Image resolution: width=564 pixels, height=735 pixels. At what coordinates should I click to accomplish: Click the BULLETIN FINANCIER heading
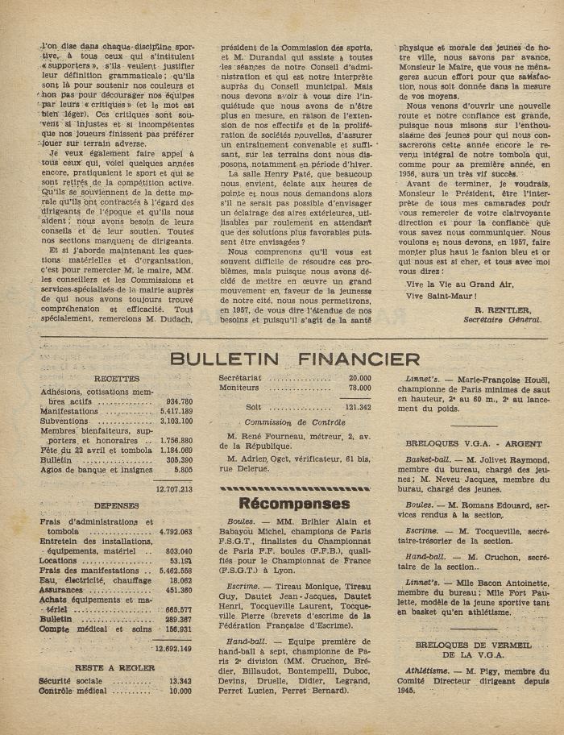click(295, 359)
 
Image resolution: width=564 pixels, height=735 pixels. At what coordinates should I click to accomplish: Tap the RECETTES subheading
click(116, 379)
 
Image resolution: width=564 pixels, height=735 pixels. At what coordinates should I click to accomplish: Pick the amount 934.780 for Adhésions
click(178, 401)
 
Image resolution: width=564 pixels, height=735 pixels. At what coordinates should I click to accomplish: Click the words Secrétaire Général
click(502, 319)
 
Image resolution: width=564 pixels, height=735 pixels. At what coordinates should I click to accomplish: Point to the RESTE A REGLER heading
click(116, 667)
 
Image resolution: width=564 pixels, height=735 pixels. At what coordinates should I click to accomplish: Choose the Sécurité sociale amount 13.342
click(178, 681)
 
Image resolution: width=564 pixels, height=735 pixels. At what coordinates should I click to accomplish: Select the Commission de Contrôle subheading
click(295, 421)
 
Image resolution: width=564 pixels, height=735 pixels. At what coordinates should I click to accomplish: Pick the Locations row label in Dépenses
click(58, 560)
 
